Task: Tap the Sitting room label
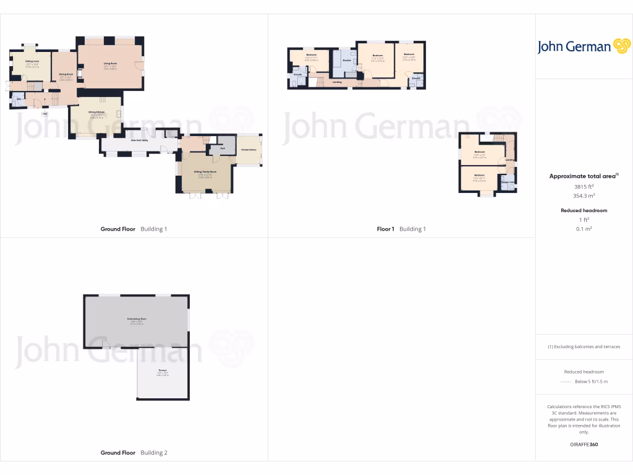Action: coord(33,61)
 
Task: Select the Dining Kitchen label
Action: coord(96,112)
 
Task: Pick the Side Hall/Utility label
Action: coord(139,140)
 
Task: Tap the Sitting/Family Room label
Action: coord(205,171)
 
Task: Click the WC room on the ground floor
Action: coord(19,99)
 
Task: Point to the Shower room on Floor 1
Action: coord(508,182)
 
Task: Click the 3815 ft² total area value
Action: coord(584,186)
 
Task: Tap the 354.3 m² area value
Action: coord(584,195)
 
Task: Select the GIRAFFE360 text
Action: coord(584,445)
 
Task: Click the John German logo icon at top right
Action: coord(621,46)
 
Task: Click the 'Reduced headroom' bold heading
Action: coord(584,210)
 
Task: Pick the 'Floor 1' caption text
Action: coord(385,229)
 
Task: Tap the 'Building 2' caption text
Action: coord(154,453)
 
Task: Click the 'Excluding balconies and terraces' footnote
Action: coord(584,346)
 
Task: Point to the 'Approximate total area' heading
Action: coord(582,176)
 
